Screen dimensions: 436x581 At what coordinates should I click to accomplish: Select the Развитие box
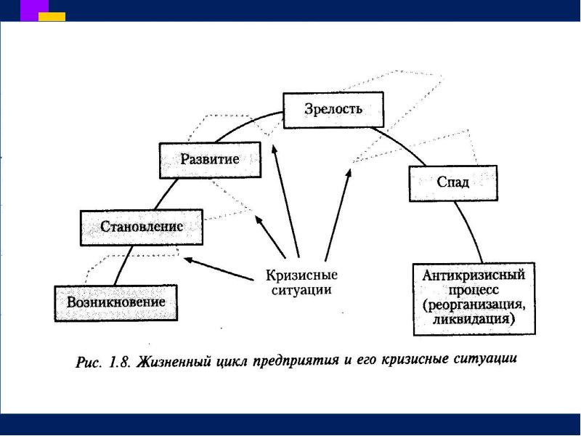click(x=210, y=161)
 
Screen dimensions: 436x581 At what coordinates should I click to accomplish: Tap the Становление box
click(x=142, y=228)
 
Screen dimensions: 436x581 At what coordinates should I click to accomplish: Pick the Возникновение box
click(x=116, y=302)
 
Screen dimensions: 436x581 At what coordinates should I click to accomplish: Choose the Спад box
click(x=453, y=183)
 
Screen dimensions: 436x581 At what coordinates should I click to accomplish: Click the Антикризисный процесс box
click(x=474, y=298)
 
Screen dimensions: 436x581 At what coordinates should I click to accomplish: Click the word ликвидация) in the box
click(x=474, y=319)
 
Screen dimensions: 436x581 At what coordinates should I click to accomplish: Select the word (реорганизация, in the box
click(x=474, y=305)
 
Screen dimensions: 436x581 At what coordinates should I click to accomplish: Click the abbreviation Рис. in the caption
click(x=90, y=362)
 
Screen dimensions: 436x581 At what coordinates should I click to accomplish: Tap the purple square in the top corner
click(x=34, y=9)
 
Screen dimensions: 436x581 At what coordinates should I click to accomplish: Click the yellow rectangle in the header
click(x=52, y=16)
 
